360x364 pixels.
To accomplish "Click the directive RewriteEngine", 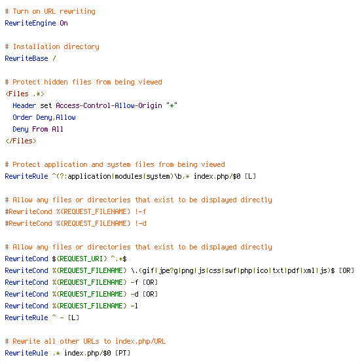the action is pos(30,23).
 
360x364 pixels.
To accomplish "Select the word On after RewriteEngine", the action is pos(64,23).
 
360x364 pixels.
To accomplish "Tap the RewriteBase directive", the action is pos(26,58).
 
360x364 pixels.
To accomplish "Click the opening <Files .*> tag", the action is pos(25,94).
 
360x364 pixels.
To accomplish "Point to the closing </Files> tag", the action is pos(21,141).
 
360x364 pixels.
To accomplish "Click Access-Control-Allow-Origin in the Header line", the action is pos(109,105).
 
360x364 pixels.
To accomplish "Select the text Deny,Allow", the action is pos(56,117).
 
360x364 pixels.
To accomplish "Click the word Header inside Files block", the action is pos(24,105).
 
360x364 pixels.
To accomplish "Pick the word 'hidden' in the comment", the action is pos(56,82).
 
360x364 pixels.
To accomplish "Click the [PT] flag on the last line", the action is pos(123,353).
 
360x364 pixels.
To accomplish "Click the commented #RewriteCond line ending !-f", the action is pos(76,211).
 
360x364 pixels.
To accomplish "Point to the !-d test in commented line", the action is pos(141,223).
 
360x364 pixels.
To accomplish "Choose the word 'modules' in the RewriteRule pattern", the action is pos(128,176).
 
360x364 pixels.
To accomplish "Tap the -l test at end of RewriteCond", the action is pos(135,306).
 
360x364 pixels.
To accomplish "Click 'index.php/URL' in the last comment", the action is pos(141,341).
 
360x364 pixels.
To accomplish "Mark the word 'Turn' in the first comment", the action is pos(21,11).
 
